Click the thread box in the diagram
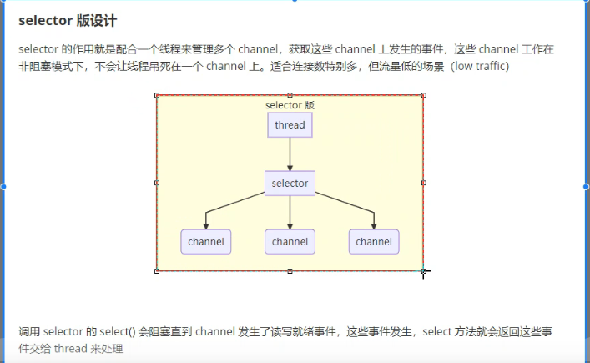tap(290, 125)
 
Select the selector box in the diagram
tap(290, 184)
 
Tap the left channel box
tap(205, 242)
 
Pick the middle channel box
tap(290, 242)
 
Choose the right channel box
tap(374, 242)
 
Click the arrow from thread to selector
tap(290, 154)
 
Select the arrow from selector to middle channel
tap(290, 213)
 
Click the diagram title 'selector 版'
tap(290, 105)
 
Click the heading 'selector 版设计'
tap(66, 20)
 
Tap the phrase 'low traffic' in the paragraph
tap(480, 66)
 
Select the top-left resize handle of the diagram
tap(157, 95)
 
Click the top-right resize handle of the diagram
tap(423, 95)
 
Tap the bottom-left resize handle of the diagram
tap(157, 270)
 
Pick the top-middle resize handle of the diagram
tap(290, 95)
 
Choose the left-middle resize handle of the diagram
tap(157, 183)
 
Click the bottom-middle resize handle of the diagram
tap(290, 270)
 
